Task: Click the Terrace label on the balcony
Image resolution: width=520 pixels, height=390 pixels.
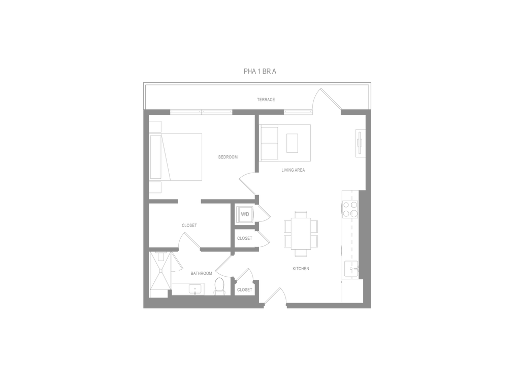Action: (266, 100)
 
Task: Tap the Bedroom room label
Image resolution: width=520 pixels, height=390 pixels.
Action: (227, 157)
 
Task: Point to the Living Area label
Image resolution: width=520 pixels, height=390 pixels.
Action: (293, 171)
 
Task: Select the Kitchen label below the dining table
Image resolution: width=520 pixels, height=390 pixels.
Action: (300, 269)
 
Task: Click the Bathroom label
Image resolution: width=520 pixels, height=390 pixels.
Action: (201, 273)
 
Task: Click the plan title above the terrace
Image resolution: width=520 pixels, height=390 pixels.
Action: (260, 72)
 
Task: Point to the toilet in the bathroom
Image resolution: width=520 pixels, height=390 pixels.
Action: (220, 286)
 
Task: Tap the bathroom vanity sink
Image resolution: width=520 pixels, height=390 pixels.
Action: (193, 289)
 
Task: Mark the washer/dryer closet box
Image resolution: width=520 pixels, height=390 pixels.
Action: (245, 214)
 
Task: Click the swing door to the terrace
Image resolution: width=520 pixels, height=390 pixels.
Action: (328, 99)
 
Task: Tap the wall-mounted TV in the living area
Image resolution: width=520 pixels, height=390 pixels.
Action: (360, 143)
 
